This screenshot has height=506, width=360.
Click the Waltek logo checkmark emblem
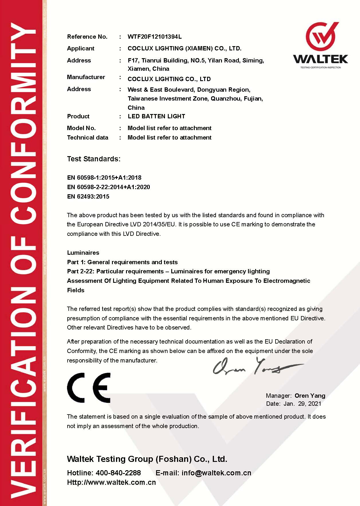(x=322, y=36)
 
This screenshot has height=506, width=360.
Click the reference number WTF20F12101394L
(x=154, y=37)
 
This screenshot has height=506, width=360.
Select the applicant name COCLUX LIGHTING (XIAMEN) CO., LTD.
(x=184, y=48)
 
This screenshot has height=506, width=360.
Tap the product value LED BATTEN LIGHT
(x=156, y=116)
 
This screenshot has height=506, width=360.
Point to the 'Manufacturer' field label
(x=86, y=77)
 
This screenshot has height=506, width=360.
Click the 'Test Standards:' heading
(x=94, y=159)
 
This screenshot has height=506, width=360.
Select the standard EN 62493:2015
(x=88, y=197)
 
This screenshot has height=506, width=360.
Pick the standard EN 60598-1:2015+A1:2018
(x=104, y=178)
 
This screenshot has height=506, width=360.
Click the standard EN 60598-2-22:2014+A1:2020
(x=109, y=187)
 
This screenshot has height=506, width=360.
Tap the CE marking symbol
(x=89, y=388)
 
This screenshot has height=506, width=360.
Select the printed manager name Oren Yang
(x=310, y=396)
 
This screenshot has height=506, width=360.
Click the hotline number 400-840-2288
(x=118, y=473)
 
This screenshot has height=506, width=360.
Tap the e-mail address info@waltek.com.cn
(x=216, y=473)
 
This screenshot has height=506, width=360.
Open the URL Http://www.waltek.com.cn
(x=111, y=482)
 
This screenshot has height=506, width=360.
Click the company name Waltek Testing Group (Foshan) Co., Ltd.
(x=147, y=459)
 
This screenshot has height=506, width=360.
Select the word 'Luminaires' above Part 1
(x=83, y=253)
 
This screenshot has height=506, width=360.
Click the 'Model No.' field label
(x=81, y=128)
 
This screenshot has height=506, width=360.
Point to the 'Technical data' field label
(x=88, y=138)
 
